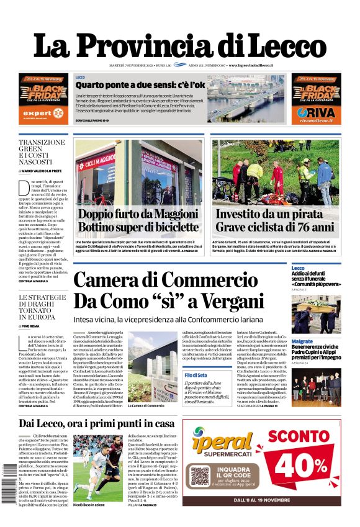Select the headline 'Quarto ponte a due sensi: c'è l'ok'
pos(140,84)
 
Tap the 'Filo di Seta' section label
pos(195,376)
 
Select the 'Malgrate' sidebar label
pos(302,341)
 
